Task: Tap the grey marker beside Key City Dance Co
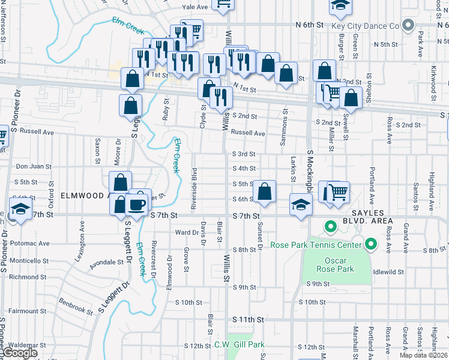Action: pyautogui.click(x=409, y=25)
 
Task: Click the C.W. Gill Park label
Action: pyautogui.click(x=240, y=345)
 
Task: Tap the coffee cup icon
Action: pyautogui.click(x=138, y=204)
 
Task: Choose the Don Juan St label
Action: pyautogui.click(x=30, y=167)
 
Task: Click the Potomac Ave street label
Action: pyautogui.click(x=28, y=244)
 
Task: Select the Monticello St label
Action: pyautogui.click(x=28, y=261)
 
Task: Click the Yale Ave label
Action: pyautogui.click(x=194, y=7)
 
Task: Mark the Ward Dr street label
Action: pyautogui.click(x=186, y=233)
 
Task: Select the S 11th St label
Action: pyautogui.click(x=248, y=320)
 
